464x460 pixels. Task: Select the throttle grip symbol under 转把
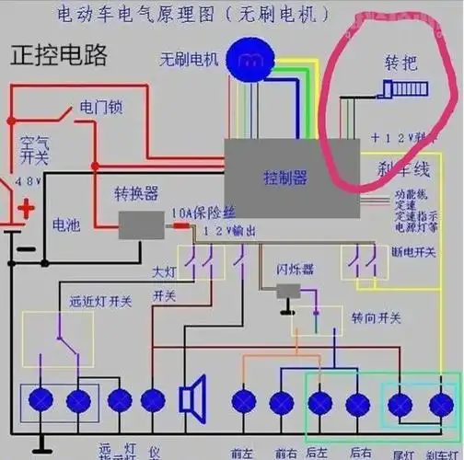click(400, 89)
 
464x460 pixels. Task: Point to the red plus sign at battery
click(27, 208)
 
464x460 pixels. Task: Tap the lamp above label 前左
click(243, 401)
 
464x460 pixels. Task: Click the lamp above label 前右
click(282, 401)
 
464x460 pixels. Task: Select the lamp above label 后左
click(320, 401)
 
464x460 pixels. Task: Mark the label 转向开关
click(376, 317)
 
